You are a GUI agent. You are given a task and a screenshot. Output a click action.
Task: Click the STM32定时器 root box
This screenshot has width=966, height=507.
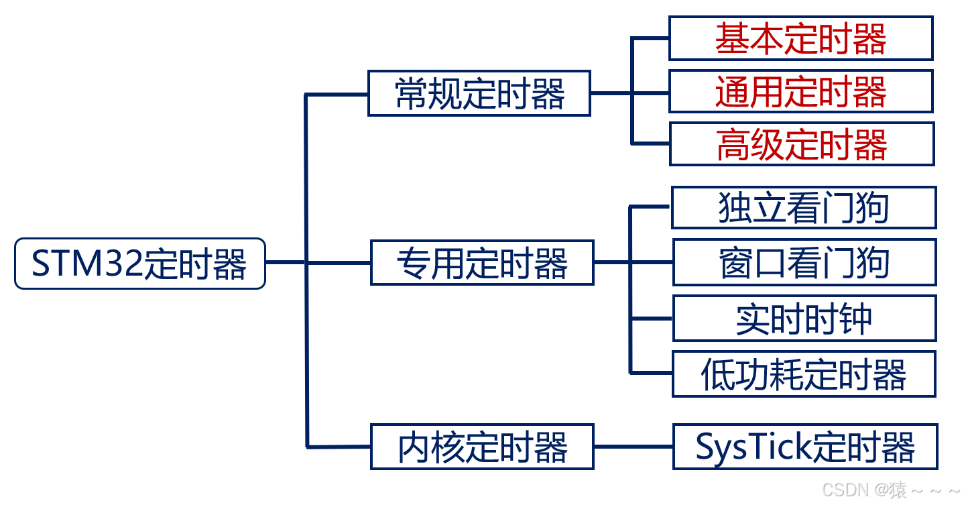click(140, 264)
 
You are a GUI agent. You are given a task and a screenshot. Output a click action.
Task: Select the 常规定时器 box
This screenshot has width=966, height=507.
click(479, 93)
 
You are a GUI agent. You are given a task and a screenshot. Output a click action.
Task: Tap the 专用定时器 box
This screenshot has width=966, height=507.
click(482, 263)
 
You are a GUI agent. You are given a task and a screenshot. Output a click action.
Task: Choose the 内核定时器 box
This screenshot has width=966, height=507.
click(482, 447)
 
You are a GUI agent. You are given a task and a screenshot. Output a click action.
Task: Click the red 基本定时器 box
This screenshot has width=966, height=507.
click(800, 39)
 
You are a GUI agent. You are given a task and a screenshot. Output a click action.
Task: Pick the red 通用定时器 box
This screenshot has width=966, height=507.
click(800, 91)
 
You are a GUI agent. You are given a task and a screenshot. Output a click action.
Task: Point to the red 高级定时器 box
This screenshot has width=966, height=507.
click(801, 144)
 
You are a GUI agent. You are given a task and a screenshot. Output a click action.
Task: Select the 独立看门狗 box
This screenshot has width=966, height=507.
click(803, 208)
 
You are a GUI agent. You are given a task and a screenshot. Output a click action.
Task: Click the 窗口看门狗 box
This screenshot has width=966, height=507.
click(804, 262)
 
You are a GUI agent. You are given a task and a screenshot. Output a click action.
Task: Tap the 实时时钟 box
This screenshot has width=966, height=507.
click(804, 319)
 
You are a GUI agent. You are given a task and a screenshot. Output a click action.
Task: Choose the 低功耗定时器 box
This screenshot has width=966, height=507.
click(804, 374)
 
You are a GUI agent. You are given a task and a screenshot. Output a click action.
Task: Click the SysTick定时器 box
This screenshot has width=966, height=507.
click(804, 447)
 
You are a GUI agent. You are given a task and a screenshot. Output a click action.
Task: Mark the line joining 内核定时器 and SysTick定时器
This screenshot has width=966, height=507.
click(633, 447)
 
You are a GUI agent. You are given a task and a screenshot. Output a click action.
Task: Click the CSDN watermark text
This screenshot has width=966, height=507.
click(892, 490)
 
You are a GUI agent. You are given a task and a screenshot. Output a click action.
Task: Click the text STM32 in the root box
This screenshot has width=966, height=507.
click(86, 264)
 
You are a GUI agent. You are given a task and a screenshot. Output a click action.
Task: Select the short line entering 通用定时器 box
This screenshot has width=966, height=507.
click(650, 92)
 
